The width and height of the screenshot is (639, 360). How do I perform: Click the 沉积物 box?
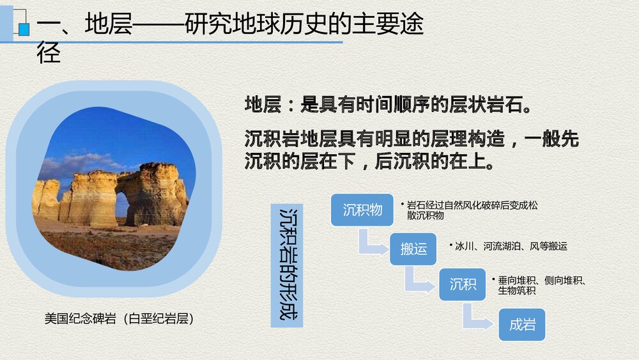tap(362, 210)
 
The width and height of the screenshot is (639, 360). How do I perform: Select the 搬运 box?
tap(413, 249)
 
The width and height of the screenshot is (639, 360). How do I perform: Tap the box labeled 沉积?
tap(463, 284)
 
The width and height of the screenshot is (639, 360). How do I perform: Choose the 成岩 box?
tap(522, 324)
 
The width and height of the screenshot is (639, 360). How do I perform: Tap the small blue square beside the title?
tap(24, 29)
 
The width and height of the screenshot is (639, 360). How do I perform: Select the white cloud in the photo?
tap(77, 163)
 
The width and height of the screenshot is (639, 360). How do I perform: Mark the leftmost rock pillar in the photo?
tap(46, 198)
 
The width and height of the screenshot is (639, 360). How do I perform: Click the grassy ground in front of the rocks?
tap(109, 246)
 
